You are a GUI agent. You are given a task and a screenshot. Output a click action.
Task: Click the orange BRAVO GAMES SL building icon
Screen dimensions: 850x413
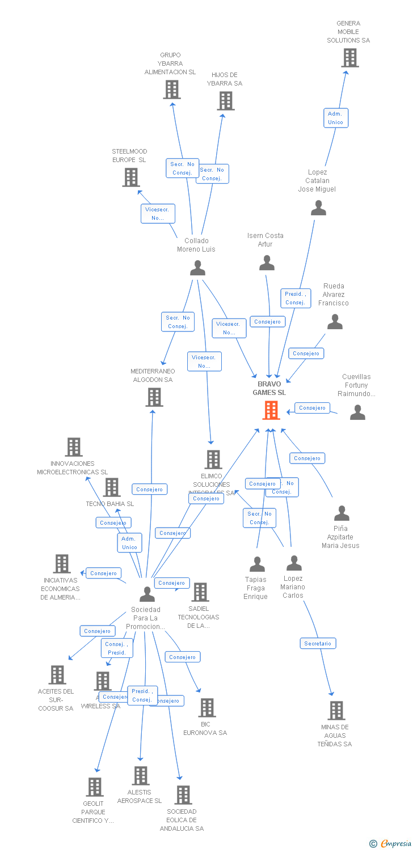coord(271,410)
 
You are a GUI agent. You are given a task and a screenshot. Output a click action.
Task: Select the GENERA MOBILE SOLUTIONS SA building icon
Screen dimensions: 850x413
coord(350,58)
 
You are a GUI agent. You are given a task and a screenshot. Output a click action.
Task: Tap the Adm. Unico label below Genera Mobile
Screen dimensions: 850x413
coord(335,118)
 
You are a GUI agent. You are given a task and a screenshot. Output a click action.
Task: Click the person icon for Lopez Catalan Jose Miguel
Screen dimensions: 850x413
coord(318,208)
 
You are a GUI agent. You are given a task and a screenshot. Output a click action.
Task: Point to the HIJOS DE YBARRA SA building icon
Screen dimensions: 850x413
coord(226,101)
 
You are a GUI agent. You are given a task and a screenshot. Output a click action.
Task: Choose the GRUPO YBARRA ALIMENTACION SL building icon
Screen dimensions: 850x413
coord(172,90)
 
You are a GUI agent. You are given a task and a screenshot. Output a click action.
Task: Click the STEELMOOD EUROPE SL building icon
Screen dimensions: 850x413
coord(131,177)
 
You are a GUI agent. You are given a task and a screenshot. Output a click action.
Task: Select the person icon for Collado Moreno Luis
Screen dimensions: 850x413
coord(197,268)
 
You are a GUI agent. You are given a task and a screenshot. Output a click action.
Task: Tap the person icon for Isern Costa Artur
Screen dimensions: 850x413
coord(267,263)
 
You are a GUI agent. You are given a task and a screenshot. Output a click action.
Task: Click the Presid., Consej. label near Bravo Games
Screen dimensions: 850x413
coord(295,298)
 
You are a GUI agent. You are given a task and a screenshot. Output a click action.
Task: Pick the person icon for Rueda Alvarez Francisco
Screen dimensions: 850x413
coord(335,322)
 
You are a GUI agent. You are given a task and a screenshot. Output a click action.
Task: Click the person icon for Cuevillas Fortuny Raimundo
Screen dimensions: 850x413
coord(357,413)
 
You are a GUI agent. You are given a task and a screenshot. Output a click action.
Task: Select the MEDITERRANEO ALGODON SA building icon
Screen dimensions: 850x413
coord(154,397)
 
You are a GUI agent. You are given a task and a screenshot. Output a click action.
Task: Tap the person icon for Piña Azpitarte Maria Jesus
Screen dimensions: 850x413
coord(342,513)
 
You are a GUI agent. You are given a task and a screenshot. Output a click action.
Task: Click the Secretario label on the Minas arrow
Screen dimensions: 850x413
coord(318,643)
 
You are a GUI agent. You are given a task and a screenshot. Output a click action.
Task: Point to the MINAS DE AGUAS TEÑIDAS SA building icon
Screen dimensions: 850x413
coord(336,710)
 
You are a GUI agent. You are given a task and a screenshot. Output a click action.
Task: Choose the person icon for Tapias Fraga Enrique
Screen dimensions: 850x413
coord(258,564)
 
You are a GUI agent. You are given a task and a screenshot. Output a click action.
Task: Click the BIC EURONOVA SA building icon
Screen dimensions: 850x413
coord(207,707)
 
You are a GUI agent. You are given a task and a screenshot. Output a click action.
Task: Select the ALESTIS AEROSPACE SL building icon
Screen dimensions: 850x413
coord(141,775)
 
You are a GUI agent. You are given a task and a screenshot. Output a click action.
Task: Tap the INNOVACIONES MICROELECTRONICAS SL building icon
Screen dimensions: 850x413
coord(74,447)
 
